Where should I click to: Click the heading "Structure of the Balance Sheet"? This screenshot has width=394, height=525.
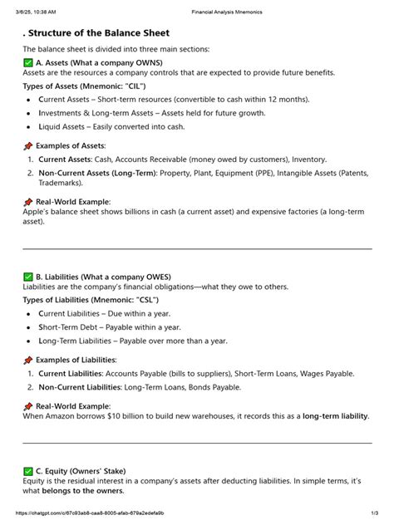[x=100, y=33]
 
